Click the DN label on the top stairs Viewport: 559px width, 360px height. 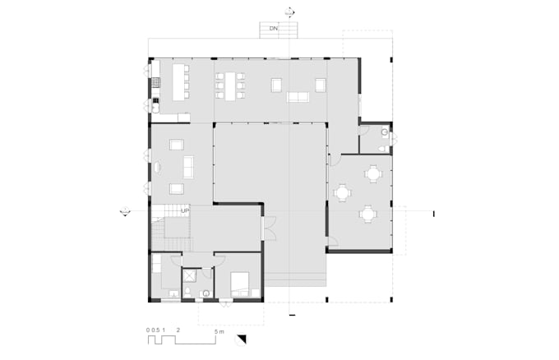(272, 29)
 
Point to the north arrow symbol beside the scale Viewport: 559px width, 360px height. (241, 339)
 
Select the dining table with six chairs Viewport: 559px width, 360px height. (231, 83)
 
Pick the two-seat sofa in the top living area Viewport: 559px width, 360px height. (298, 97)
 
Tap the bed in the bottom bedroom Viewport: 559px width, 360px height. (240, 284)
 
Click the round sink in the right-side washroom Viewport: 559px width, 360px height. (385, 132)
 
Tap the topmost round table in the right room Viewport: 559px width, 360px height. (374, 173)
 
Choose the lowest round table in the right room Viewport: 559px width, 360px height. (367, 214)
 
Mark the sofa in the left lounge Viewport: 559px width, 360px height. (189, 167)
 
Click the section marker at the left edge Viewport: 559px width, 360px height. (123, 212)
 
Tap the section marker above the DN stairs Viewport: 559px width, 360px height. (289, 12)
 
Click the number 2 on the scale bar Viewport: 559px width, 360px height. (178, 330)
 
